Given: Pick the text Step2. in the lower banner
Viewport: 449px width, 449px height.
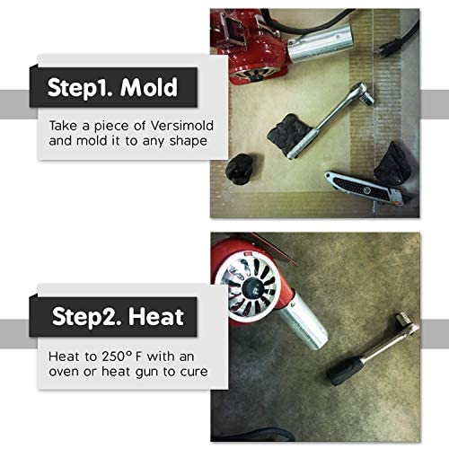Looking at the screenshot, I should [85, 316].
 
